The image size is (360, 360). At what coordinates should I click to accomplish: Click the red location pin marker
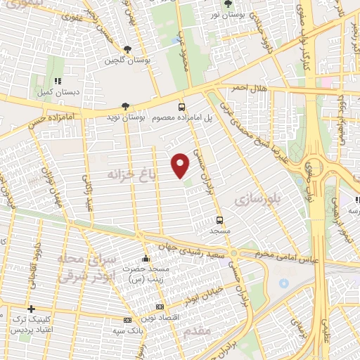181,165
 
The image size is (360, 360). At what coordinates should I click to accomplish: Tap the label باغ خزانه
130,172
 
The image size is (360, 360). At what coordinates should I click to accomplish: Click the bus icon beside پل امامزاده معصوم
182,107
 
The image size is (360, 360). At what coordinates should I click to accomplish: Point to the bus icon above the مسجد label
220,219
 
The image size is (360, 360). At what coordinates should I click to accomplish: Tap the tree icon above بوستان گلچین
127,49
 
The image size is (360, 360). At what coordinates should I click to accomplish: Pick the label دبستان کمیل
56,91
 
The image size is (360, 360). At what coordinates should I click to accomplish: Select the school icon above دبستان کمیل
56,81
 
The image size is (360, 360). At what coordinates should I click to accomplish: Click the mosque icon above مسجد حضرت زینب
146,258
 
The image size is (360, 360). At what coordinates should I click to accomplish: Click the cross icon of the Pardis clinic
30,309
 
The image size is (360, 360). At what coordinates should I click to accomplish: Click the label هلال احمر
240,88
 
